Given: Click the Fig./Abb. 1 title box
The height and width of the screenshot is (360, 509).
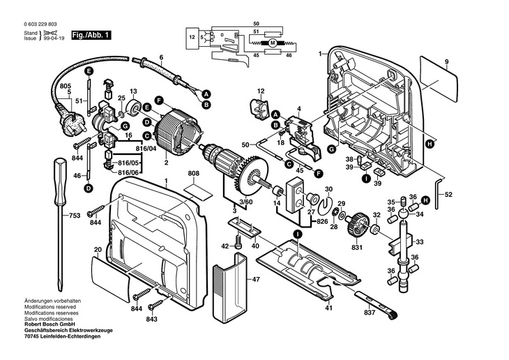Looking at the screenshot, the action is [91, 35].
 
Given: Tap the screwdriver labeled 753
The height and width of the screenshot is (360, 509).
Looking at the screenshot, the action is [61, 224].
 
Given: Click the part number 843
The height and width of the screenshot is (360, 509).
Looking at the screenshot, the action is [151, 319].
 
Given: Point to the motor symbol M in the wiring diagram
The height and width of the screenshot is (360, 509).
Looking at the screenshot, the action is [273, 43].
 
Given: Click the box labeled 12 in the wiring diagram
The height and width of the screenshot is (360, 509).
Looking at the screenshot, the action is [192, 38].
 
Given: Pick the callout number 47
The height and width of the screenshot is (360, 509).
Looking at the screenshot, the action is [256, 279].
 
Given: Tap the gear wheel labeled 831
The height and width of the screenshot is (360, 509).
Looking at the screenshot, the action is [358, 224].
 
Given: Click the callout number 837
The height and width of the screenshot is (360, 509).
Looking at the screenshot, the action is [370, 313].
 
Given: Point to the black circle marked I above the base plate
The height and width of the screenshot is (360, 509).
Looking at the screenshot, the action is [297, 234].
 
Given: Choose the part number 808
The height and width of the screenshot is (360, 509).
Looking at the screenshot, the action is [193, 174].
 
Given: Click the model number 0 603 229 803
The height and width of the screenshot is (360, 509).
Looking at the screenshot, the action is [40, 24].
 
